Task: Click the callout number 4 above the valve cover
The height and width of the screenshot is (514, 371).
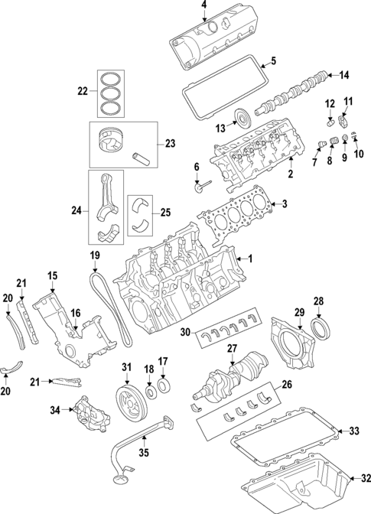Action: pos(204,7)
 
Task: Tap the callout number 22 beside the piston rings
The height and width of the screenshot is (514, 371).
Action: pos(83,92)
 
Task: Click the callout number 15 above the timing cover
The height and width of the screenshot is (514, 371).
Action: pos(52,275)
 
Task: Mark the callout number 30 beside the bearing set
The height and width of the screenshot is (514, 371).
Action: pos(184,332)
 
